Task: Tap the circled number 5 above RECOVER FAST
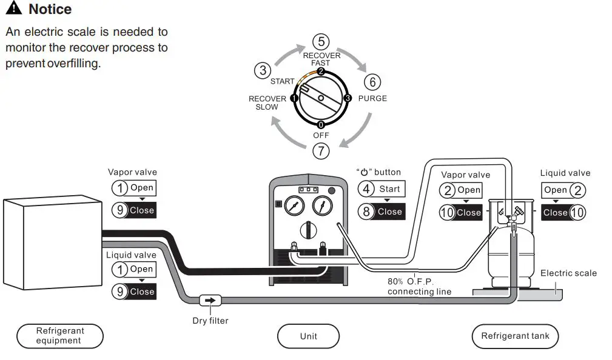click(321, 42)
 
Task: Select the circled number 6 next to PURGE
click(373, 82)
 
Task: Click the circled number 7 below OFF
click(321, 149)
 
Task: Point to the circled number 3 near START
click(263, 70)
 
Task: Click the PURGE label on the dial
click(372, 98)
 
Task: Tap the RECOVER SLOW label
click(267, 103)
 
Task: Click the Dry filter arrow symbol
click(210, 300)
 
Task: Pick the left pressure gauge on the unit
click(294, 207)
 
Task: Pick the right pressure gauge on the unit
click(323, 207)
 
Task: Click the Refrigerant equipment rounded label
click(60, 336)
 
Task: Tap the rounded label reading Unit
click(308, 336)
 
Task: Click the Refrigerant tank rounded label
click(515, 336)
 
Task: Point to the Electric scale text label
click(568, 273)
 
